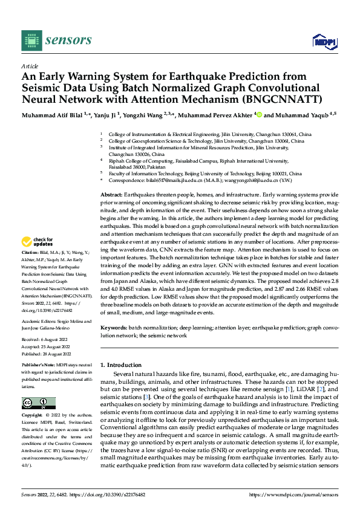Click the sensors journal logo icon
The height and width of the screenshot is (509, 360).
[x=31, y=40]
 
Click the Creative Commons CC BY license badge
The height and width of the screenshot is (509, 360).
[x=39, y=403]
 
